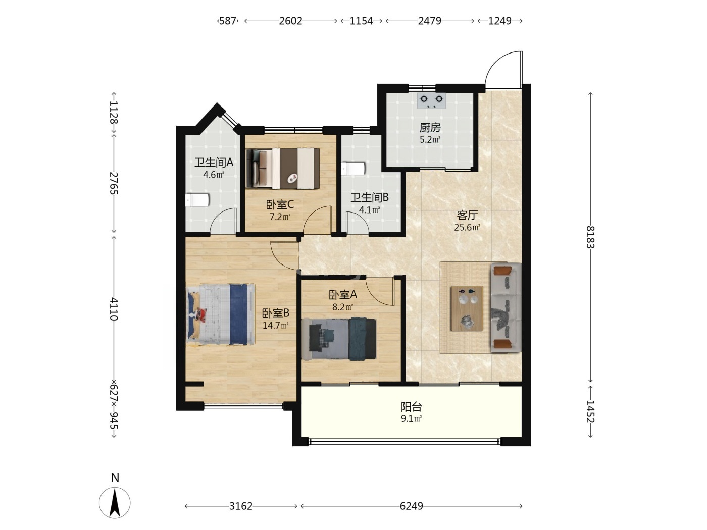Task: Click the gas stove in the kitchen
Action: click(x=431, y=100)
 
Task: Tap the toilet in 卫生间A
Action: click(x=197, y=200)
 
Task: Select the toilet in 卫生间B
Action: click(x=353, y=169)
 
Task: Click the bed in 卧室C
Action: click(x=282, y=168)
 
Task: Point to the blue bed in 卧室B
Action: click(x=221, y=314)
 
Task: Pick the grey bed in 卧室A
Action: click(x=339, y=339)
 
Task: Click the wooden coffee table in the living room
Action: click(x=467, y=308)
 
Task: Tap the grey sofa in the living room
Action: click(x=506, y=307)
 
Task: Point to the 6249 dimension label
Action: click(x=411, y=506)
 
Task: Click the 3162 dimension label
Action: click(x=240, y=506)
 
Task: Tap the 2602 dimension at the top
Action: click(x=290, y=21)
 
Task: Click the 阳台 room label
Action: click(x=411, y=407)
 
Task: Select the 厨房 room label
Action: click(x=430, y=128)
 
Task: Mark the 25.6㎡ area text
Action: click(x=467, y=227)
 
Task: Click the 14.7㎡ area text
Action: click(x=275, y=325)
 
